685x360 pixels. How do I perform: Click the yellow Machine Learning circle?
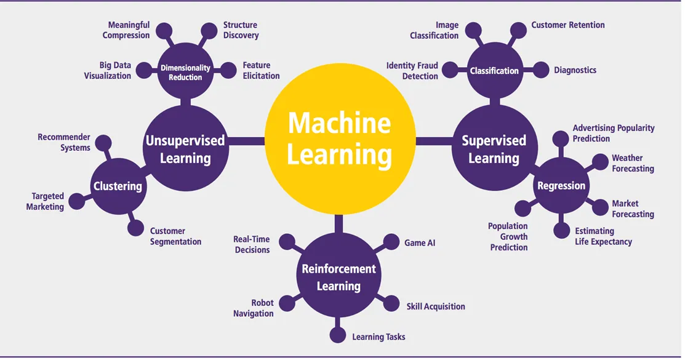point(339,140)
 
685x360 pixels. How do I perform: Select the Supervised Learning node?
point(494,149)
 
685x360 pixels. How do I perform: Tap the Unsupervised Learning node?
point(185,149)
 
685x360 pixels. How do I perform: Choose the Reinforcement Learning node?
point(338,278)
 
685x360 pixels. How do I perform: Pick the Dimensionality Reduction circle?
point(185,73)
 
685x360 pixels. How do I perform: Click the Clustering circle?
point(118,186)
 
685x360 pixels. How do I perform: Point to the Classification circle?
point(494,71)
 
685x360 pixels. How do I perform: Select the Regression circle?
point(561,186)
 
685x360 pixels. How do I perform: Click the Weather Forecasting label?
point(632,164)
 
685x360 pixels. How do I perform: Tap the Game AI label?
point(420,243)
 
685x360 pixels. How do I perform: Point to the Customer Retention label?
point(567,25)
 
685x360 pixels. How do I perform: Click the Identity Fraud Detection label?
point(412,71)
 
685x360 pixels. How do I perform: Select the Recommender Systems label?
point(64,142)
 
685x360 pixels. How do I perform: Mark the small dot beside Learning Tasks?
point(338,335)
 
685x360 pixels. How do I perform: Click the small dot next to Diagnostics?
point(540,70)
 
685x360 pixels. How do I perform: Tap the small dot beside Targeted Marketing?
point(77,201)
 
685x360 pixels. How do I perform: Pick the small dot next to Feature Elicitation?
point(228,70)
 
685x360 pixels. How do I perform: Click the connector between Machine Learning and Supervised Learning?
point(433,141)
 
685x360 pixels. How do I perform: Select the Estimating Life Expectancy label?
point(603,236)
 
